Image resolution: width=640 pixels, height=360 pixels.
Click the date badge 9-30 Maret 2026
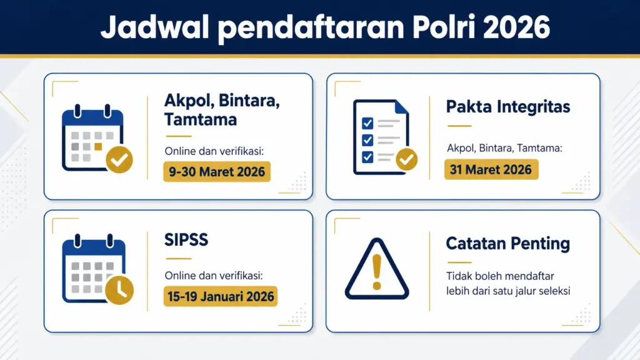click(217, 172)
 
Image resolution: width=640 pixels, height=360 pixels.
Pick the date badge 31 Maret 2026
click(491, 169)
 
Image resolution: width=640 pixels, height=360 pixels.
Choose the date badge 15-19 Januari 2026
click(221, 296)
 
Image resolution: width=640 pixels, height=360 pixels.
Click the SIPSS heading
click(186, 240)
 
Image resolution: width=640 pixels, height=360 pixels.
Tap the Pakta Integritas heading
click(508, 107)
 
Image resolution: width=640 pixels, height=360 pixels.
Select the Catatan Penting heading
click(508, 243)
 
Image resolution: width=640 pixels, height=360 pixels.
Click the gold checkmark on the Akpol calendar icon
click(119, 159)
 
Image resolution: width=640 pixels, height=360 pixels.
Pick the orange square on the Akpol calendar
click(97, 147)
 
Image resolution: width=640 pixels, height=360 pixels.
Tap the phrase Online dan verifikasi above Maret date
click(213, 151)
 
